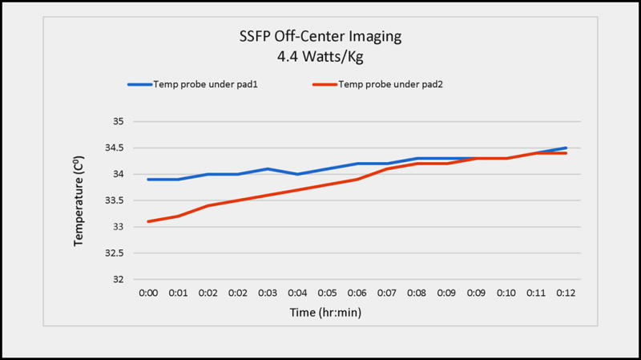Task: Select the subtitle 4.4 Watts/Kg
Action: [x=320, y=58]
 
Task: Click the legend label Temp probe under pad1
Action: [x=217, y=84]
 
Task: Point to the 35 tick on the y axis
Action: [x=119, y=122]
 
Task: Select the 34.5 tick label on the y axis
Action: [x=115, y=148]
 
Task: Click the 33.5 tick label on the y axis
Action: [x=115, y=200]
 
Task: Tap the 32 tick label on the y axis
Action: [x=119, y=280]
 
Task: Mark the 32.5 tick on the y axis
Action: [x=115, y=253]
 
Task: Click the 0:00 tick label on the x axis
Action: [x=147, y=293]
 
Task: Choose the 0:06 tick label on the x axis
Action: [x=357, y=293]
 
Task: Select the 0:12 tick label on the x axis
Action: [x=566, y=293]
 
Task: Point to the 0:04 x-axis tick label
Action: [x=297, y=293]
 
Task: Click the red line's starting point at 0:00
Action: [x=147, y=221]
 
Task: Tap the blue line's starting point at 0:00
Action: [x=147, y=180]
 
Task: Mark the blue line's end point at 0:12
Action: [x=566, y=148]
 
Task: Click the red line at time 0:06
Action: [x=357, y=180]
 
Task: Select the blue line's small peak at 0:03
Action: [x=268, y=169]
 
